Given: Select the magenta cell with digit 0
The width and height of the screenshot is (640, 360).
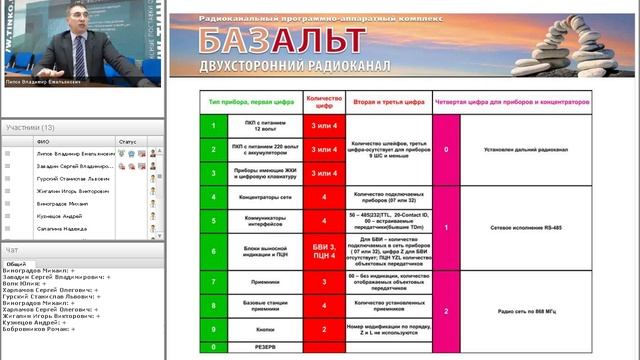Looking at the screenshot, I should [x=446, y=149].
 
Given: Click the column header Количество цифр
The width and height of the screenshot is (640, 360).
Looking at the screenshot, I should [x=324, y=101].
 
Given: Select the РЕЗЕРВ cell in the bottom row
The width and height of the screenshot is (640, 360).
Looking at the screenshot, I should [x=259, y=346].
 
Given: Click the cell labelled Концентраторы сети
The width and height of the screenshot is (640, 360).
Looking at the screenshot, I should [x=259, y=197].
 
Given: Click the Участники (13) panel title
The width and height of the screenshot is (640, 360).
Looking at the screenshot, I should [x=30, y=128].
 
